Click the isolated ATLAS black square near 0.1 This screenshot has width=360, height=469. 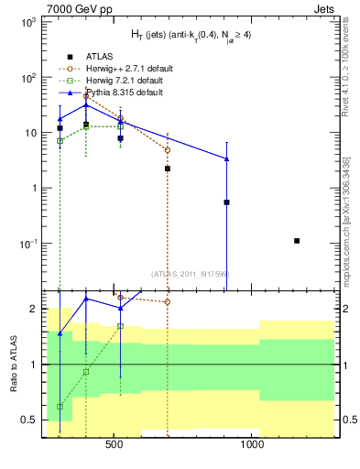(297, 241)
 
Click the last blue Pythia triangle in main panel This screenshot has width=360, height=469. (226, 159)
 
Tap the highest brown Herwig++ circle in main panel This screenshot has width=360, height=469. (86, 95)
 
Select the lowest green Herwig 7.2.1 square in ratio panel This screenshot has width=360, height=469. (60, 406)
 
